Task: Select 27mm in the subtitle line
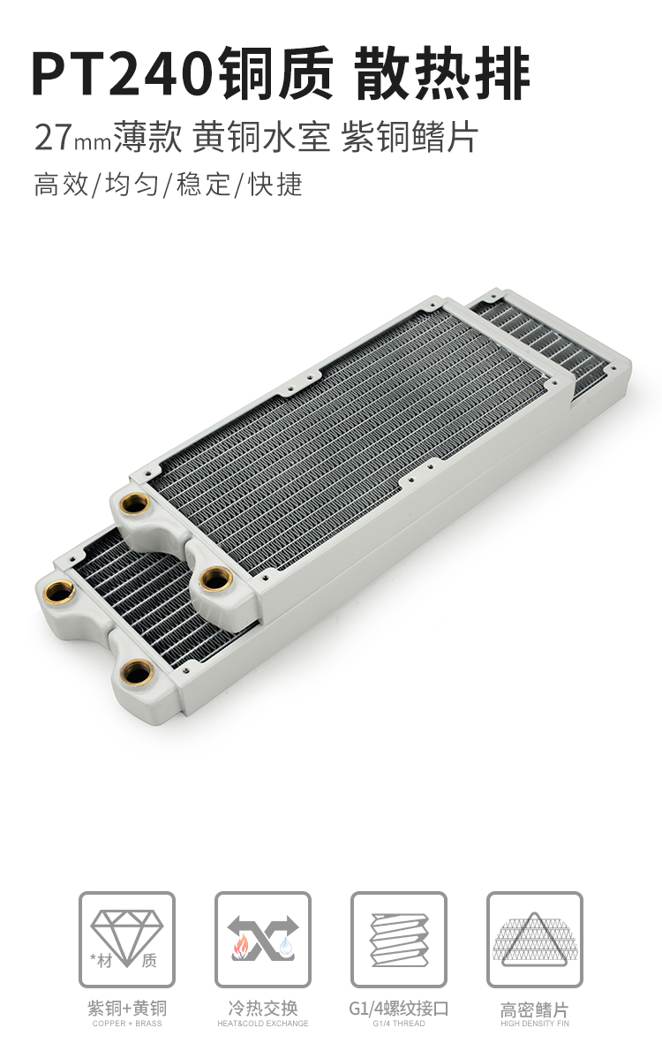(x=72, y=138)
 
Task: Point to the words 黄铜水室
(x=261, y=138)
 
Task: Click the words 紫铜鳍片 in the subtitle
(x=410, y=138)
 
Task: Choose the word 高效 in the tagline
(x=61, y=185)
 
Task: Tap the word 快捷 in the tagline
(x=276, y=185)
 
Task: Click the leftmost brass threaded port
(x=60, y=591)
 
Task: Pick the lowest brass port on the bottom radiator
(x=138, y=671)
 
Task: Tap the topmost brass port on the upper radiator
(x=135, y=503)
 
